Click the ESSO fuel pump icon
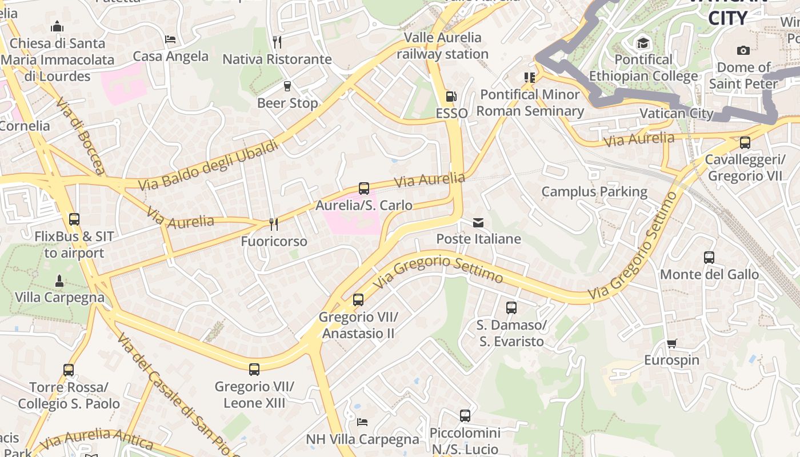point(451,97)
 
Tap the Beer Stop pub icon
point(287,86)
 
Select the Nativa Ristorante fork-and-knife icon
point(277,42)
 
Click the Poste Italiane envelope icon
point(478,222)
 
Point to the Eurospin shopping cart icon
point(671,343)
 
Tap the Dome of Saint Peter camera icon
point(743,50)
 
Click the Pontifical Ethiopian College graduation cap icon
point(643,43)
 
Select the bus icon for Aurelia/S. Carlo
point(364,188)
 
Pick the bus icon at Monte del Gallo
point(709,258)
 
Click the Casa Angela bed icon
point(170,39)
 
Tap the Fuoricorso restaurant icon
point(274,225)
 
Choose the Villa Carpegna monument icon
point(59,280)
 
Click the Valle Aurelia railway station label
point(443,46)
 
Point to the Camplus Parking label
point(594,191)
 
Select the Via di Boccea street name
point(81,135)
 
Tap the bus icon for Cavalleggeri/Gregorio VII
point(745,143)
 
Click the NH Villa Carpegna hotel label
point(363,439)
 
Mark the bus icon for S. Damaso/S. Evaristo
point(511,308)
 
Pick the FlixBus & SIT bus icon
point(74,219)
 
